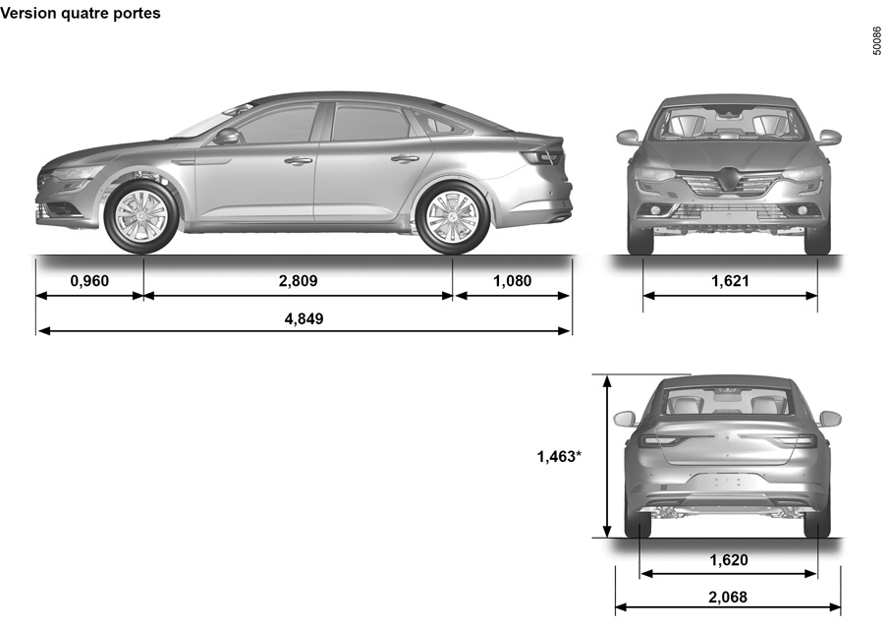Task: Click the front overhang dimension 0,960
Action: click(x=89, y=280)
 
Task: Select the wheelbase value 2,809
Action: click(x=298, y=280)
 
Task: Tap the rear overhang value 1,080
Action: click(x=513, y=280)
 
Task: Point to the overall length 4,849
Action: click(x=304, y=318)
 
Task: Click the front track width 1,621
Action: click(x=730, y=280)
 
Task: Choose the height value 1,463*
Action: click(x=558, y=456)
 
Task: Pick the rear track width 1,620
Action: click(x=729, y=559)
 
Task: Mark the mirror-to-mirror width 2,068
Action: click(x=728, y=597)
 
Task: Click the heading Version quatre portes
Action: click(x=81, y=13)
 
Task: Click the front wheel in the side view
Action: click(x=140, y=216)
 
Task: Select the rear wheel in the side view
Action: click(x=453, y=216)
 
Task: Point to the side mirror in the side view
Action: click(x=227, y=136)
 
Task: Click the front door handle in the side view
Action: click(x=298, y=160)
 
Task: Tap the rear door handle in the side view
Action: click(x=405, y=159)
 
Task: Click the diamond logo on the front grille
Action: click(x=729, y=178)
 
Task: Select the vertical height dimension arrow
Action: click(x=607, y=456)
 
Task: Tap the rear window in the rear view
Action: click(x=727, y=403)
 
